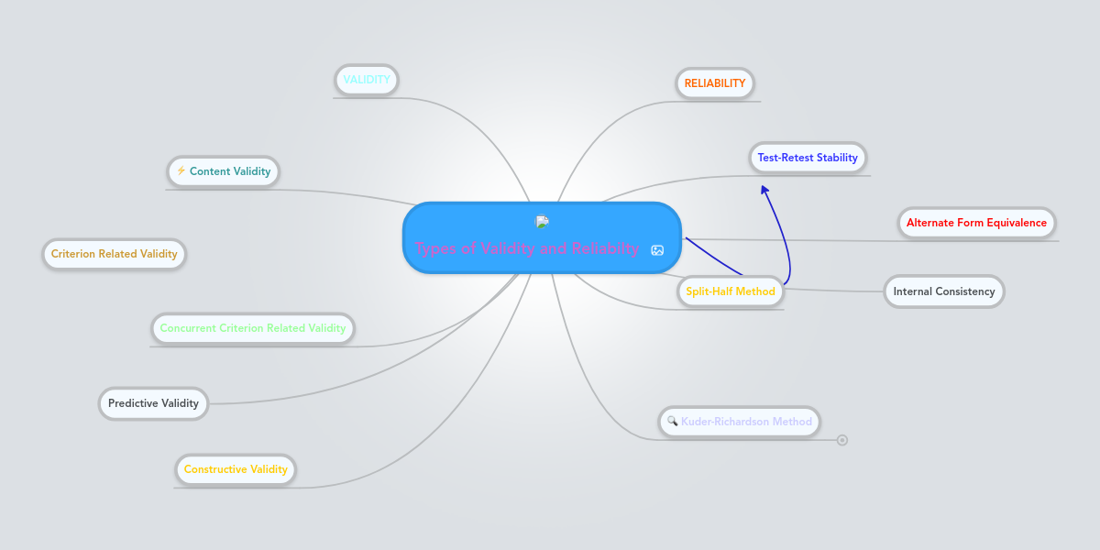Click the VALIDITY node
coord(367,80)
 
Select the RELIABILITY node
coord(714,83)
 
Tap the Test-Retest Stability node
coord(808,158)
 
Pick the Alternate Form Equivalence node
coord(976,223)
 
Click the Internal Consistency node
coord(944,291)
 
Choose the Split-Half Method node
coord(731,291)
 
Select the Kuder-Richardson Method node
coord(739,422)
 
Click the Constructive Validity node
coord(236,469)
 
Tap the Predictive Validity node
coord(153,403)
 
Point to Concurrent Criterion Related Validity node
coord(252,328)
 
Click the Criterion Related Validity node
coord(114,254)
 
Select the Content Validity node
coord(223,171)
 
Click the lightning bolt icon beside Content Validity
coord(181,170)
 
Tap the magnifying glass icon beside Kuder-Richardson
coord(672,421)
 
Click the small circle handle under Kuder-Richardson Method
coord(842,440)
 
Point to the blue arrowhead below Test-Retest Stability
coord(764,190)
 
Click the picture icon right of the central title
coord(657,250)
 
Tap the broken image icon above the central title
coord(542,222)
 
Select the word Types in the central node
coord(435,249)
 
